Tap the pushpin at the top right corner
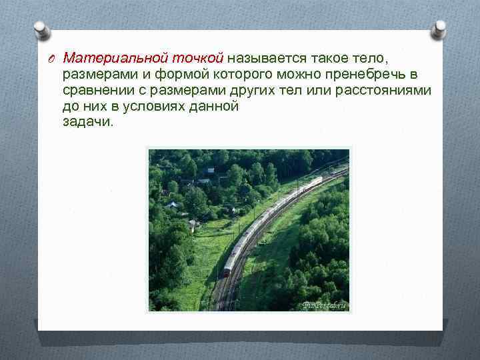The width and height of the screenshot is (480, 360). pos(439,29)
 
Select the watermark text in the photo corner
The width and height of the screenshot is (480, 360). pos(324,305)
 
